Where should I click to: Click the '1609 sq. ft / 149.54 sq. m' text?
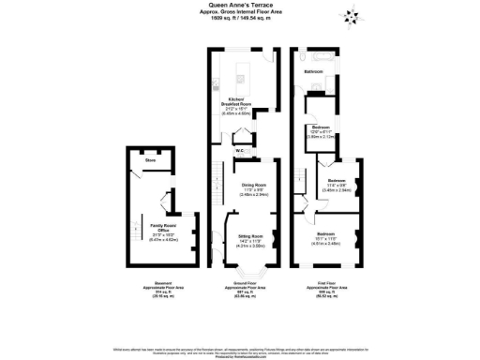(x=240, y=18)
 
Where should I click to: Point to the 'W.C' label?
(x=240, y=149)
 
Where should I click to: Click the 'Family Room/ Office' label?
(x=149, y=226)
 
